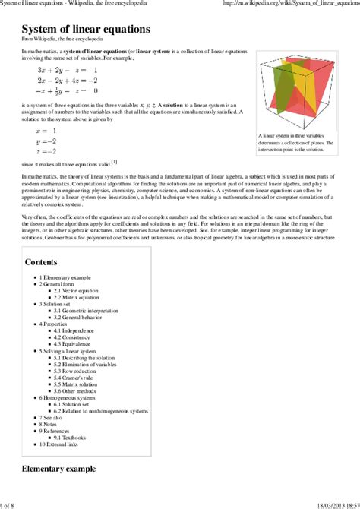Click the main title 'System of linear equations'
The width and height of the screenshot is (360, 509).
point(85,28)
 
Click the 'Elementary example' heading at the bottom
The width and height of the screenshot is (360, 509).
point(58,469)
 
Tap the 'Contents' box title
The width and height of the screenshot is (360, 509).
point(41,262)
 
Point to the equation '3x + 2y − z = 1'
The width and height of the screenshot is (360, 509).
point(67,70)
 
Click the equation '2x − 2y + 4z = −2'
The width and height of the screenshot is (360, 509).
point(67,80)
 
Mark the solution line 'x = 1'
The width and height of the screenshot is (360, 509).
point(46,131)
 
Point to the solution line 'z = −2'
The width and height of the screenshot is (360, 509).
point(46,151)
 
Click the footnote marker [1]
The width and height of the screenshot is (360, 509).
point(114,161)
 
